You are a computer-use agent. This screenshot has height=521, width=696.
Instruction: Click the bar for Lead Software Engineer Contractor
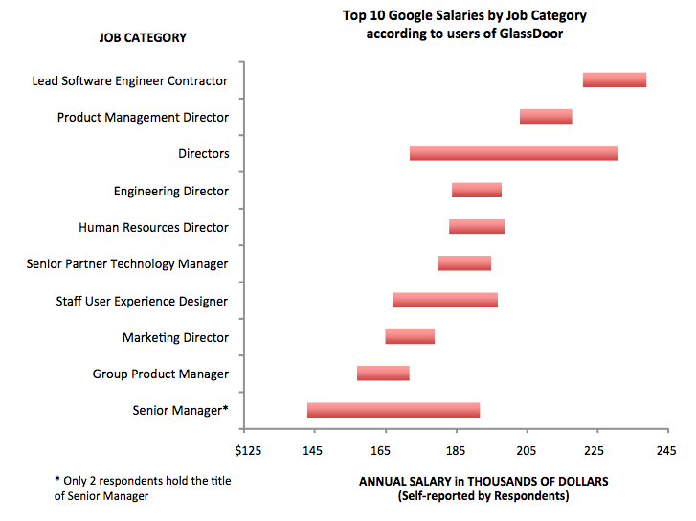click(x=614, y=79)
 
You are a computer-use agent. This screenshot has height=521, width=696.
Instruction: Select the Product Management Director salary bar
click(x=546, y=116)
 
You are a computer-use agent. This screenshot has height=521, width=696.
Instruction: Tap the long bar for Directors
click(x=513, y=153)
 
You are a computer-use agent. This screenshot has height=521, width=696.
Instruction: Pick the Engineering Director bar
click(x=476, y=190)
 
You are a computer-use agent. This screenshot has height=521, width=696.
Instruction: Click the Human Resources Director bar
click(x=477, y=226)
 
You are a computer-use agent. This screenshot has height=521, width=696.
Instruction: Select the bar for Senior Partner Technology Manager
click(x=464, y=263)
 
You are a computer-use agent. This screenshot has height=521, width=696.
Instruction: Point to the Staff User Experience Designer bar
click(x=444, y=300)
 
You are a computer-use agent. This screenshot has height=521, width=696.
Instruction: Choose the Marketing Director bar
click(x=410, y=336)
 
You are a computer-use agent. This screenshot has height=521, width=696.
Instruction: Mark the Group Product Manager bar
click(x=383, y=373)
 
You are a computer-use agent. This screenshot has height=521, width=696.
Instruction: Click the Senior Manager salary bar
click(x=393, y=410)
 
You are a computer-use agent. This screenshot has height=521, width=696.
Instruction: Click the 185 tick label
click(x=456, y=450)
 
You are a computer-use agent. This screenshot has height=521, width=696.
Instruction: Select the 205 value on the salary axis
click(x=526, y=450)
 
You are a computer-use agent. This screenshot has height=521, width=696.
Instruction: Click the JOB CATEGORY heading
click(x=143, y=38)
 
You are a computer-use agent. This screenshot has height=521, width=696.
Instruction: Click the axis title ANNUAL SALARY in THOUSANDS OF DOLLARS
click(x=483, y=481)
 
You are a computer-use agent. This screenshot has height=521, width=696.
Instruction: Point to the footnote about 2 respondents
click(x=143, y=487)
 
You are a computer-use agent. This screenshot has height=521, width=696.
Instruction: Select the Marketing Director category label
click(x=175, y=337)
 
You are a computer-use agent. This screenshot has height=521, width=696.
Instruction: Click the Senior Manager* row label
click(x=180, y=411)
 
